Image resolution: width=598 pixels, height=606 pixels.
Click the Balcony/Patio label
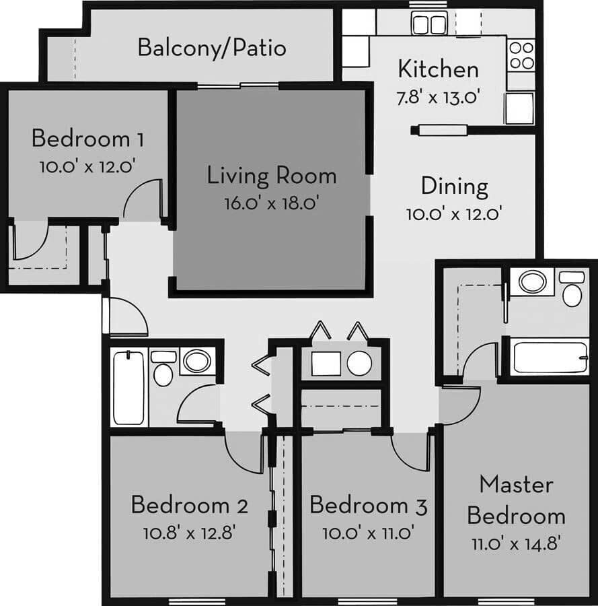[x=212, y=48]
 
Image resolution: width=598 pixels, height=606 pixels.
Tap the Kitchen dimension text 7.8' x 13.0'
[x=438, y=97]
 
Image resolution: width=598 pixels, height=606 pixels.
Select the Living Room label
[x=272, y=176]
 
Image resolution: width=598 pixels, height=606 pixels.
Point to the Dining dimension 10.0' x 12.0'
[x=455, y=213]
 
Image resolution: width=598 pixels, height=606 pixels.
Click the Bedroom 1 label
[x=87, y=139]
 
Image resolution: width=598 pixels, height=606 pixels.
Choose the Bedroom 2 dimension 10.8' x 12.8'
[x=189, y=533]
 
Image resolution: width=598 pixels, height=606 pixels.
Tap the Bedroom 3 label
[x=369, y=505]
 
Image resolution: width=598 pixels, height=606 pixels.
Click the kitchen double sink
[x=429, y=25]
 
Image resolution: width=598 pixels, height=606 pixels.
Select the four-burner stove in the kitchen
[x=521, y=55]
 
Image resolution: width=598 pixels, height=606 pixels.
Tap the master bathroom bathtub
[x=550, y=356]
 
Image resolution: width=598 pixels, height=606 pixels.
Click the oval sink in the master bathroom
[x=532, y=281]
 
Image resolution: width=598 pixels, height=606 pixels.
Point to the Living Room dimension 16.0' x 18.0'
[x=272, y=203]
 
